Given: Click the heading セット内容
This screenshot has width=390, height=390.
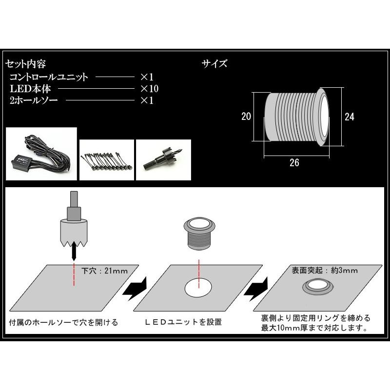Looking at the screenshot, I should pyautogui.click(x=25, y=64).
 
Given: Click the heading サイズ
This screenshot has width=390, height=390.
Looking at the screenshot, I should pyautogui.click(x=214, y=64).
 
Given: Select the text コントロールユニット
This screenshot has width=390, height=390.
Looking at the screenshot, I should pyautogui.click(x=49, y=77).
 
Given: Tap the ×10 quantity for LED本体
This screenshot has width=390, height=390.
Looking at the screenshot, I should pyautogui.click(x=150, y=89).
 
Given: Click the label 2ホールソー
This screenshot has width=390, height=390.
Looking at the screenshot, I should pyautogui.click(x=33, y=101).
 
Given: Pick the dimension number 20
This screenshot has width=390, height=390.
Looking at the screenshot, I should pyautogui.click(x=246, y=117).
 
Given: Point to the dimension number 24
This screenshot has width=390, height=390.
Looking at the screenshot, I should pyautogui.click(x=349, y=117).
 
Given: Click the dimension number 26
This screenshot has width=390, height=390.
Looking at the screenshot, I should pyautogui.click(x=294, y=163).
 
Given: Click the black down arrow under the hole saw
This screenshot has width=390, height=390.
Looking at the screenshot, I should pyautogui.click(x=73, y=252).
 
